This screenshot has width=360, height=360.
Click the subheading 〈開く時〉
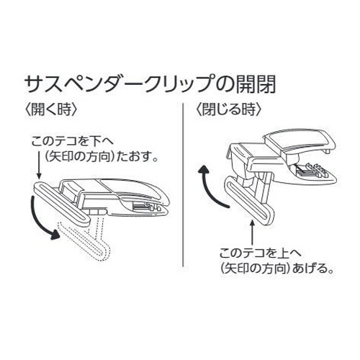tap(51, 110)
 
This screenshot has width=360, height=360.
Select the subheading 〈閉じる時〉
tap(229, 110)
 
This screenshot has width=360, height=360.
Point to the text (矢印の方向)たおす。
tap(102, 157)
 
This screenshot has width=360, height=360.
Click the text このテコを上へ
tap(260, 253)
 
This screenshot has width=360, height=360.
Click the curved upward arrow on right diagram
tap(212, 186)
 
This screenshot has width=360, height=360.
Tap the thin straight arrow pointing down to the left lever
tap(39, 163)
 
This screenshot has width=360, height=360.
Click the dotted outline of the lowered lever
tap(86, 238)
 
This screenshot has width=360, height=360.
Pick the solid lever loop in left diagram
tap(61, 204)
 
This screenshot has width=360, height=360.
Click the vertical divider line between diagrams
tap(183, 185)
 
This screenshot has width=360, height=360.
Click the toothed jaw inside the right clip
tap(312, 171)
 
